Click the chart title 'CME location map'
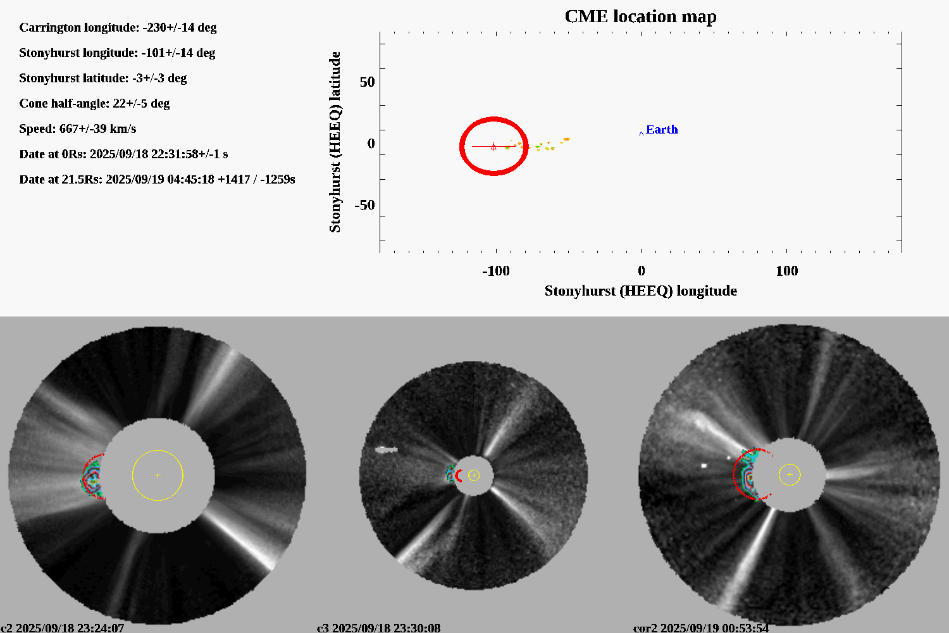(640, 16)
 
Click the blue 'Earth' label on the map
(662, 130)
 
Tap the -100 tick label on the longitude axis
(495, 271)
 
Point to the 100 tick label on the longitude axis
(786, 271)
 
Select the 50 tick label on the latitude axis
(367, 82)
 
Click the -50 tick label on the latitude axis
(364, 205)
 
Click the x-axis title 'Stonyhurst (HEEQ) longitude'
(640, 291)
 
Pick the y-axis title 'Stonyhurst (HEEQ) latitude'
(335, 142)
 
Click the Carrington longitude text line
(118, 28)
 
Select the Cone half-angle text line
(94, 104)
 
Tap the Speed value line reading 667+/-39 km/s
(77, 129)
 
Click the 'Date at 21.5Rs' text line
(157, 180)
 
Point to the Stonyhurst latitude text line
(102, 78)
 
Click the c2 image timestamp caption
(63, 628)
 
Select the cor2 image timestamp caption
(701, 628)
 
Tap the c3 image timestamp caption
(378, 628)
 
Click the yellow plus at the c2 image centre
(158, 475)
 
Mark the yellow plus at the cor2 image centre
(790, 474)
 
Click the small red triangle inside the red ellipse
(493, 147)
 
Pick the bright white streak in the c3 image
(386, 450)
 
